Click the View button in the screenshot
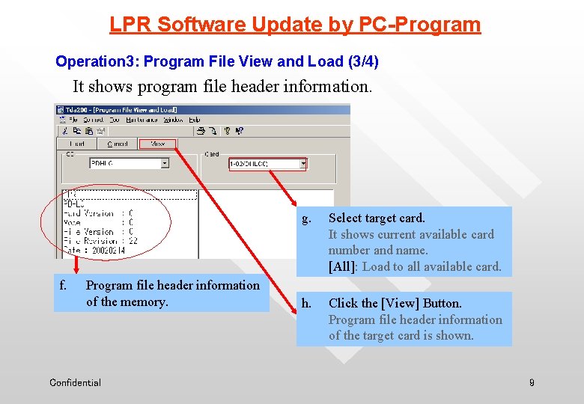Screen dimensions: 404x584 [x=157, y=144]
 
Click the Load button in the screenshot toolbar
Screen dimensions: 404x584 [x=77, y=144]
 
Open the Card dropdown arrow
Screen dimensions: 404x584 [x=303, y=163]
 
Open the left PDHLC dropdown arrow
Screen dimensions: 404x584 [x=165, y=163]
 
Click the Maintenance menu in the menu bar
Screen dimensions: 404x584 [x=142, y=120]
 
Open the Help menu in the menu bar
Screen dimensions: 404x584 [x=194, y=120]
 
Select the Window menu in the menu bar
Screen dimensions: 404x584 [x=173, y=120]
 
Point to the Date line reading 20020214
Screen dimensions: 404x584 [x=96, y=251]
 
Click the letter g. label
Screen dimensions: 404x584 [x=305, y=218]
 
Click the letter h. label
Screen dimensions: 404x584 [x=306, y=304]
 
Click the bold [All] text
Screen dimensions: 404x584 [x=343, y=266]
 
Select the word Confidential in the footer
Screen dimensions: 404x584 [x=75, y=383]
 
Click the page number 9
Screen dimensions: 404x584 [x=532, y=383]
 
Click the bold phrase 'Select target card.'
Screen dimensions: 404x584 [x=377, y=218]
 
